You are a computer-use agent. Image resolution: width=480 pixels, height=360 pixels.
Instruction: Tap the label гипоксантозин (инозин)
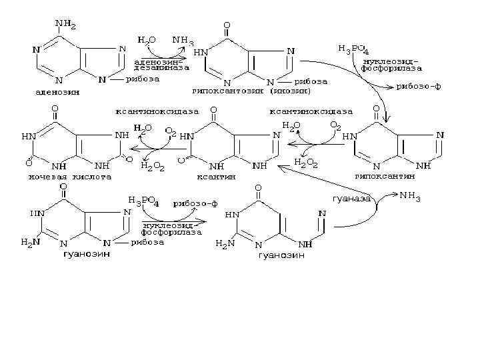(x=253, y=90)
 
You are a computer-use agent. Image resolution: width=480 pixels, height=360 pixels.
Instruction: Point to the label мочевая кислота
(x=69, y=177)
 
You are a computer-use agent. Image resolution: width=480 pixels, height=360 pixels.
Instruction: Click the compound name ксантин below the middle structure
(x=213, y=177)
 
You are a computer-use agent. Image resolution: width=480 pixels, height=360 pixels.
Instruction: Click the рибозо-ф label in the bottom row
(x=196, y=203)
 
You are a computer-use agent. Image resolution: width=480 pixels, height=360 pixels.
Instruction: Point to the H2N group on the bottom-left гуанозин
(x=30, y=243)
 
